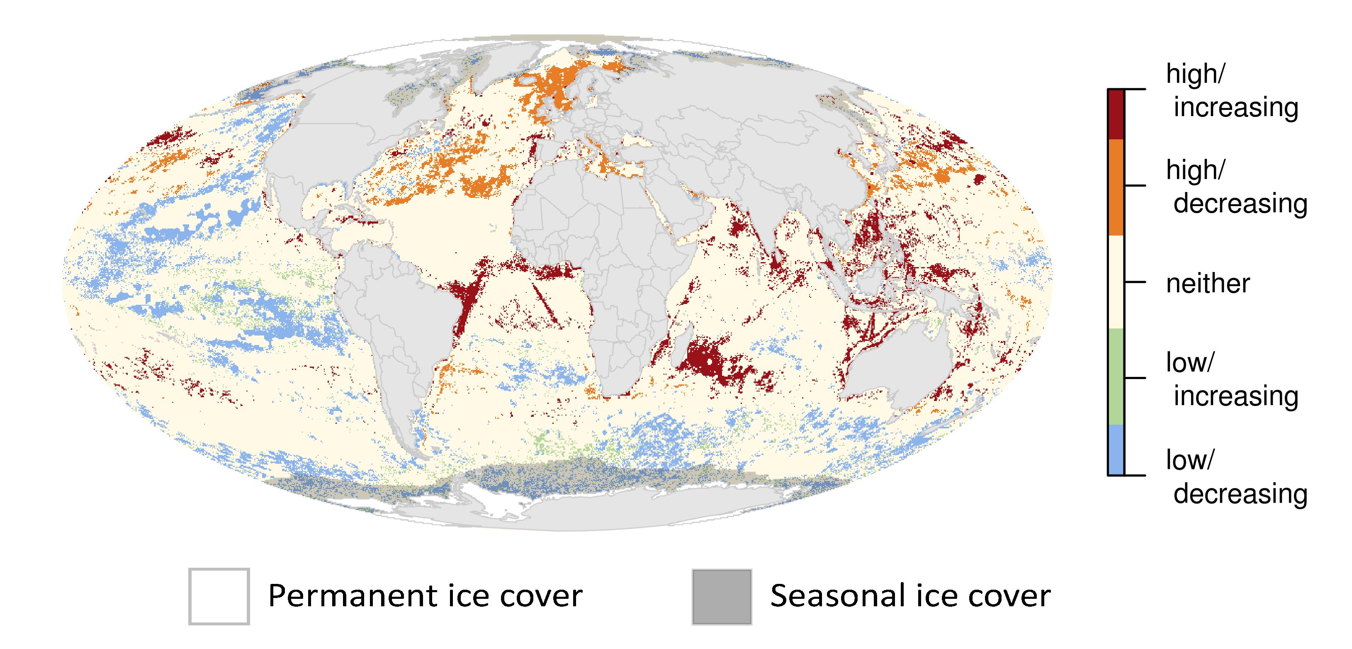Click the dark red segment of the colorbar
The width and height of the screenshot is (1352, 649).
tap(1116, 114)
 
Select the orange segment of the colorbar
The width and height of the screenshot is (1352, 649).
tap(1116, 187)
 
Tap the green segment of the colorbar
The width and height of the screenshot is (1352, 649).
tap(1116, 376)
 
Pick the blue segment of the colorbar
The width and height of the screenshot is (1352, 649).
tap(1116, 449)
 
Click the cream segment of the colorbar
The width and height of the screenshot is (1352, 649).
tap(1116, 282)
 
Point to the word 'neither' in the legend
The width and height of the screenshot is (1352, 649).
tap(1207, 284)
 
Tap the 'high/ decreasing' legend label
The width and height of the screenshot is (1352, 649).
tap(1236, 186)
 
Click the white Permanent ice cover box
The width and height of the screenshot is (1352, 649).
tap(219, 596)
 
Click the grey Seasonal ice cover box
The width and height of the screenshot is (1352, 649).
tap(722, 596)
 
